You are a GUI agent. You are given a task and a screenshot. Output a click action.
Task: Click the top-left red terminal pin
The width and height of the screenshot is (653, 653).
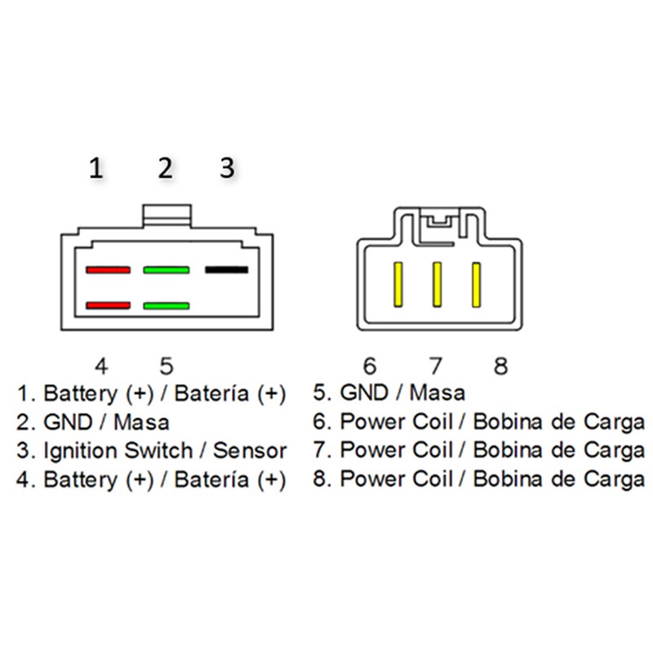click(109, 270)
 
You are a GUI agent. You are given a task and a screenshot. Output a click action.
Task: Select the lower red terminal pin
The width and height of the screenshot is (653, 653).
click(109, 305)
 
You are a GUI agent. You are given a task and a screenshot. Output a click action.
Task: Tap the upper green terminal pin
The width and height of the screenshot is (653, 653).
click(167, 270)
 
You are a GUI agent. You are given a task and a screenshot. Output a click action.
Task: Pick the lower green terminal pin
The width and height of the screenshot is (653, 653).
click(167, 305)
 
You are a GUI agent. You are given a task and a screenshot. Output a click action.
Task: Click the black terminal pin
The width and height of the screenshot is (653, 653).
click(227, 270)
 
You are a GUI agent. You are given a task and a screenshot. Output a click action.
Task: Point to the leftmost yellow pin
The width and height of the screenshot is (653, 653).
click(398, 285)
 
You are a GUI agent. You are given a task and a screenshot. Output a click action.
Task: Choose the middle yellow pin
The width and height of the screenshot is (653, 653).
click(437, 285)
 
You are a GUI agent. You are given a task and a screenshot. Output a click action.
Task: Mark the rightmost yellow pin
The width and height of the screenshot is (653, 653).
click(476, 285)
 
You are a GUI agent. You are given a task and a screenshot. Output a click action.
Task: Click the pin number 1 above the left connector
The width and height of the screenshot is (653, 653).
click(96, 168)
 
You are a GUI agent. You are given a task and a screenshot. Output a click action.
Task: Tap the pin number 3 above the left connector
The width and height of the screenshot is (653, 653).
click(228, 168)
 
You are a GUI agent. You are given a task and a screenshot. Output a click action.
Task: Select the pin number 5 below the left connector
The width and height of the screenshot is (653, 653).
click(167, 366)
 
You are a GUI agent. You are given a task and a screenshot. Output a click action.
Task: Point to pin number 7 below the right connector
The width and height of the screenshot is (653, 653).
click(435, 366)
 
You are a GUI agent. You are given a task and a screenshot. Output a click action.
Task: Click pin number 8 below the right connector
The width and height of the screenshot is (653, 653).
click(500, 366)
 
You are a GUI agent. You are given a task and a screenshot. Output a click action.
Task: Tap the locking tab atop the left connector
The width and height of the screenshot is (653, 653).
click(167, 215)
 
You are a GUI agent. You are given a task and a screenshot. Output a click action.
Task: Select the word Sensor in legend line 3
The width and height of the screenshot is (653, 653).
click(250, 451)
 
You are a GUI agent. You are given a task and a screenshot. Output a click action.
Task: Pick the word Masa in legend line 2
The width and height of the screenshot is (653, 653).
click(141, 422)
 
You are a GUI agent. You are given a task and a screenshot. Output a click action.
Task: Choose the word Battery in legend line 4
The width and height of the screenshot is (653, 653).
click(80, 480)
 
